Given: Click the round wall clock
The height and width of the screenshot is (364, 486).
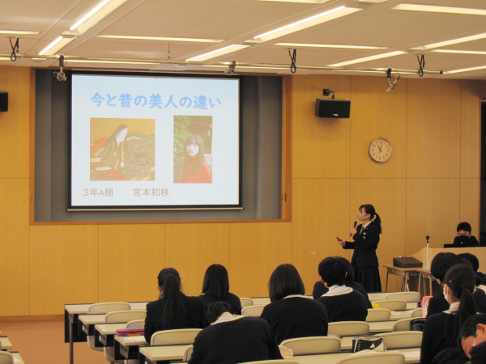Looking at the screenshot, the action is coord(381,150).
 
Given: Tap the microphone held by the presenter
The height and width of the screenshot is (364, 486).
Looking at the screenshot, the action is coord(354,227).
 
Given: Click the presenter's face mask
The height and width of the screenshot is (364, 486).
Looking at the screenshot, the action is coord(361,216).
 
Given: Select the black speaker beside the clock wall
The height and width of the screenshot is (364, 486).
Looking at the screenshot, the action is coord(333,108).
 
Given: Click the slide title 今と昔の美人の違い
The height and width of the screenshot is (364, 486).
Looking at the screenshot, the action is coord(156,101).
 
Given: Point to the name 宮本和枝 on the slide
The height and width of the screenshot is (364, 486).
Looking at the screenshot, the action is coord(151,193).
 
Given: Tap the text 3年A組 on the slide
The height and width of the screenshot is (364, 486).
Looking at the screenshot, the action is coord(98,193).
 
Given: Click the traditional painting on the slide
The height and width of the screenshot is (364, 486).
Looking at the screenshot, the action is coord(122,149).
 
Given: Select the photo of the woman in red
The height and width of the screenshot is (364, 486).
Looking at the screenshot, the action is coord(193,149).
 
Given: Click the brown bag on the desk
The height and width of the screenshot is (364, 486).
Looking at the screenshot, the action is coord(407,262).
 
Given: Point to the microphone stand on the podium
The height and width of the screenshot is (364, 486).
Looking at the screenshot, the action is coord(428,252).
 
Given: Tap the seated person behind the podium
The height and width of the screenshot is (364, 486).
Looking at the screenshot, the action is coord(465,235).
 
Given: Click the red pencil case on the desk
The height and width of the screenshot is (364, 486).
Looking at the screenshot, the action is coord(130,332).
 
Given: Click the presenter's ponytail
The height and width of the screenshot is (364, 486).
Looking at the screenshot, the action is coord(377,221).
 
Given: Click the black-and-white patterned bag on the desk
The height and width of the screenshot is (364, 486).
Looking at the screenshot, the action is coord(369,343).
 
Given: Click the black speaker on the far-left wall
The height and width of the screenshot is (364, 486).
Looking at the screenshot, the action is coord(4,102).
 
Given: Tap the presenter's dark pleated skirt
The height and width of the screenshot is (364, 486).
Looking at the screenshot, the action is coord(368,279).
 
